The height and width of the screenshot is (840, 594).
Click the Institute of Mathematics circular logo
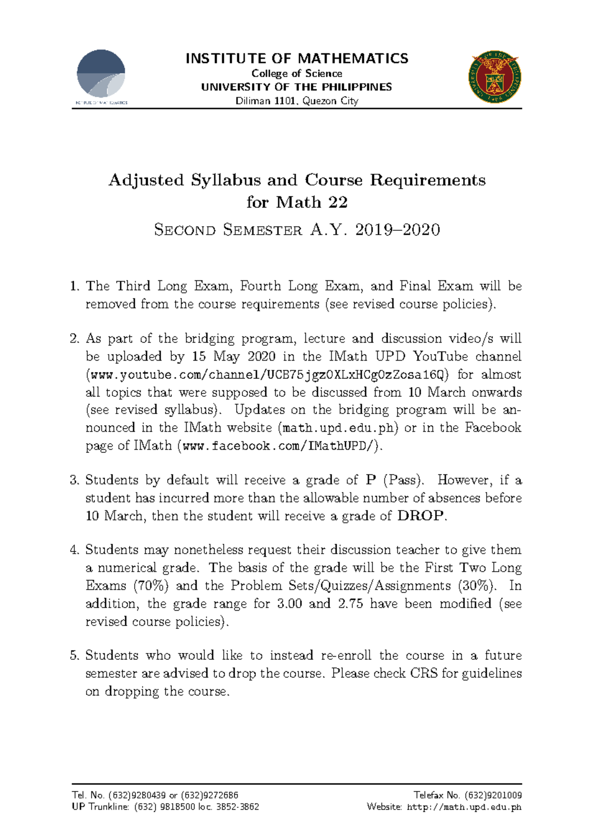[101, 75]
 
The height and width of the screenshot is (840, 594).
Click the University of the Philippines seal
[495, 77]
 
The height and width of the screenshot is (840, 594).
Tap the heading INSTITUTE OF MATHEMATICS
[297, 58]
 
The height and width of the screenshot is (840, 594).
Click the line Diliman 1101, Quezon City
[297, 101]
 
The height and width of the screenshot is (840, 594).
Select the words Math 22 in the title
[311, 202]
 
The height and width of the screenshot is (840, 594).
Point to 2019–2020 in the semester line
[397, 230]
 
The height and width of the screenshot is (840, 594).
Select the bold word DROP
[421, 516]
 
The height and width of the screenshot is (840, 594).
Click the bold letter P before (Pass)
[370, 480]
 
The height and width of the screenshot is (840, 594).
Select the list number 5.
[74, 656]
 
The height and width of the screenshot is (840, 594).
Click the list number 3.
[74, 480]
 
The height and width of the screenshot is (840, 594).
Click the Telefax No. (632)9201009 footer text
[467, 795]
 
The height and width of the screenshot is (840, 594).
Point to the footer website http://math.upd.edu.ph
[464, 807]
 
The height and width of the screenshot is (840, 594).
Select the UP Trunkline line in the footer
[165, 807]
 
